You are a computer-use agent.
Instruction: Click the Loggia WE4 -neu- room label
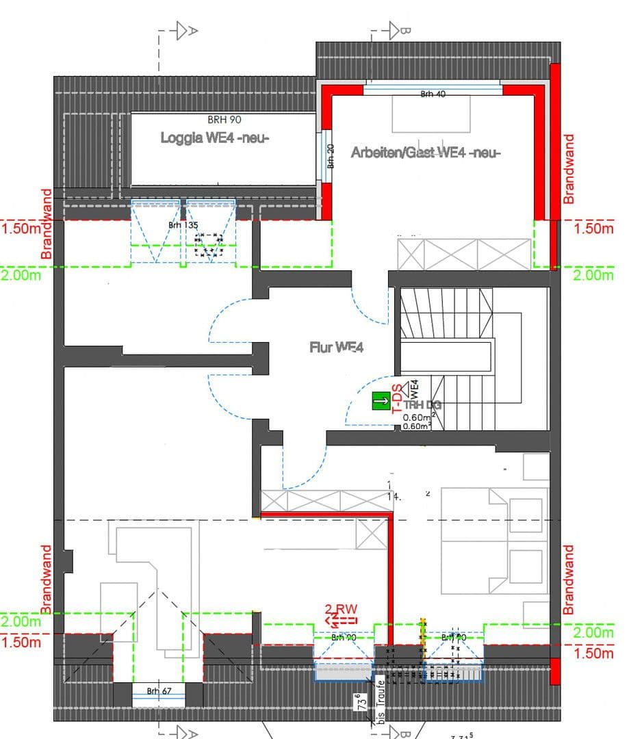[215, 138]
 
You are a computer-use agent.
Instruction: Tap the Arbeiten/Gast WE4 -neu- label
[426, 153]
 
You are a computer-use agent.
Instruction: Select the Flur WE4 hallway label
[336, 348]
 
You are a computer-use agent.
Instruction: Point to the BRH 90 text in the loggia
[224, 120]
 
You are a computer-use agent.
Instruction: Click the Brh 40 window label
[433, 94]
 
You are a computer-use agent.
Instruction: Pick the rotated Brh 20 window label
[331, 156]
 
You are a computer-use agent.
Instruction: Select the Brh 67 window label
[158, 691]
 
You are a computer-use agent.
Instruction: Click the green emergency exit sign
[381, 401]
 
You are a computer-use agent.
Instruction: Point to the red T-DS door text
[396, 400]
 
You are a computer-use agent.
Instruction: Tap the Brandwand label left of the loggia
[47, 224]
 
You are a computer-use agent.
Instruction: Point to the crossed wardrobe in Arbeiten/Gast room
[465, 254]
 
